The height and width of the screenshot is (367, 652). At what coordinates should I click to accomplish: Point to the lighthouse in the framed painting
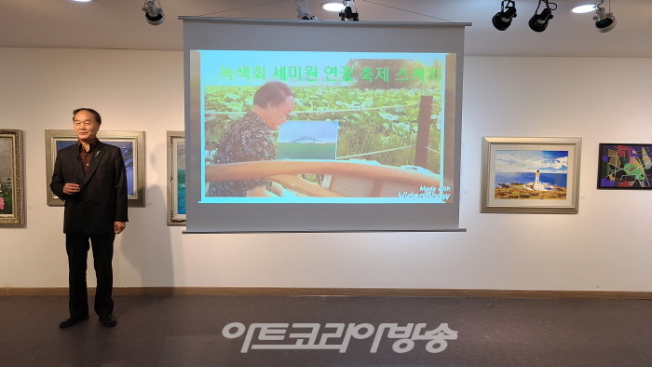[x=537, y=178]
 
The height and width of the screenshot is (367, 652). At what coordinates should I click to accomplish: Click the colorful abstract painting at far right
[x=624, y=166]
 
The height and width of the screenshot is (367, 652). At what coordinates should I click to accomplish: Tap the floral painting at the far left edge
[x=9, y=177]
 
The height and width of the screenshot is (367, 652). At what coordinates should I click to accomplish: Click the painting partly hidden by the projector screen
[x=175, y=177]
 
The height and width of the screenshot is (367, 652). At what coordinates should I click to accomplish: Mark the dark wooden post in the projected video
[x=425, y=130]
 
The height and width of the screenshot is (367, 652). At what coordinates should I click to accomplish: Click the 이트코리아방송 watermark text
[x=339, y=336]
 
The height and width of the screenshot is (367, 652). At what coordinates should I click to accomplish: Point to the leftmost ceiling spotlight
[x=153, y=12]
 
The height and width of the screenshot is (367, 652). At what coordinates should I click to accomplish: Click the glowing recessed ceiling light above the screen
[x=333, y=7]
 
